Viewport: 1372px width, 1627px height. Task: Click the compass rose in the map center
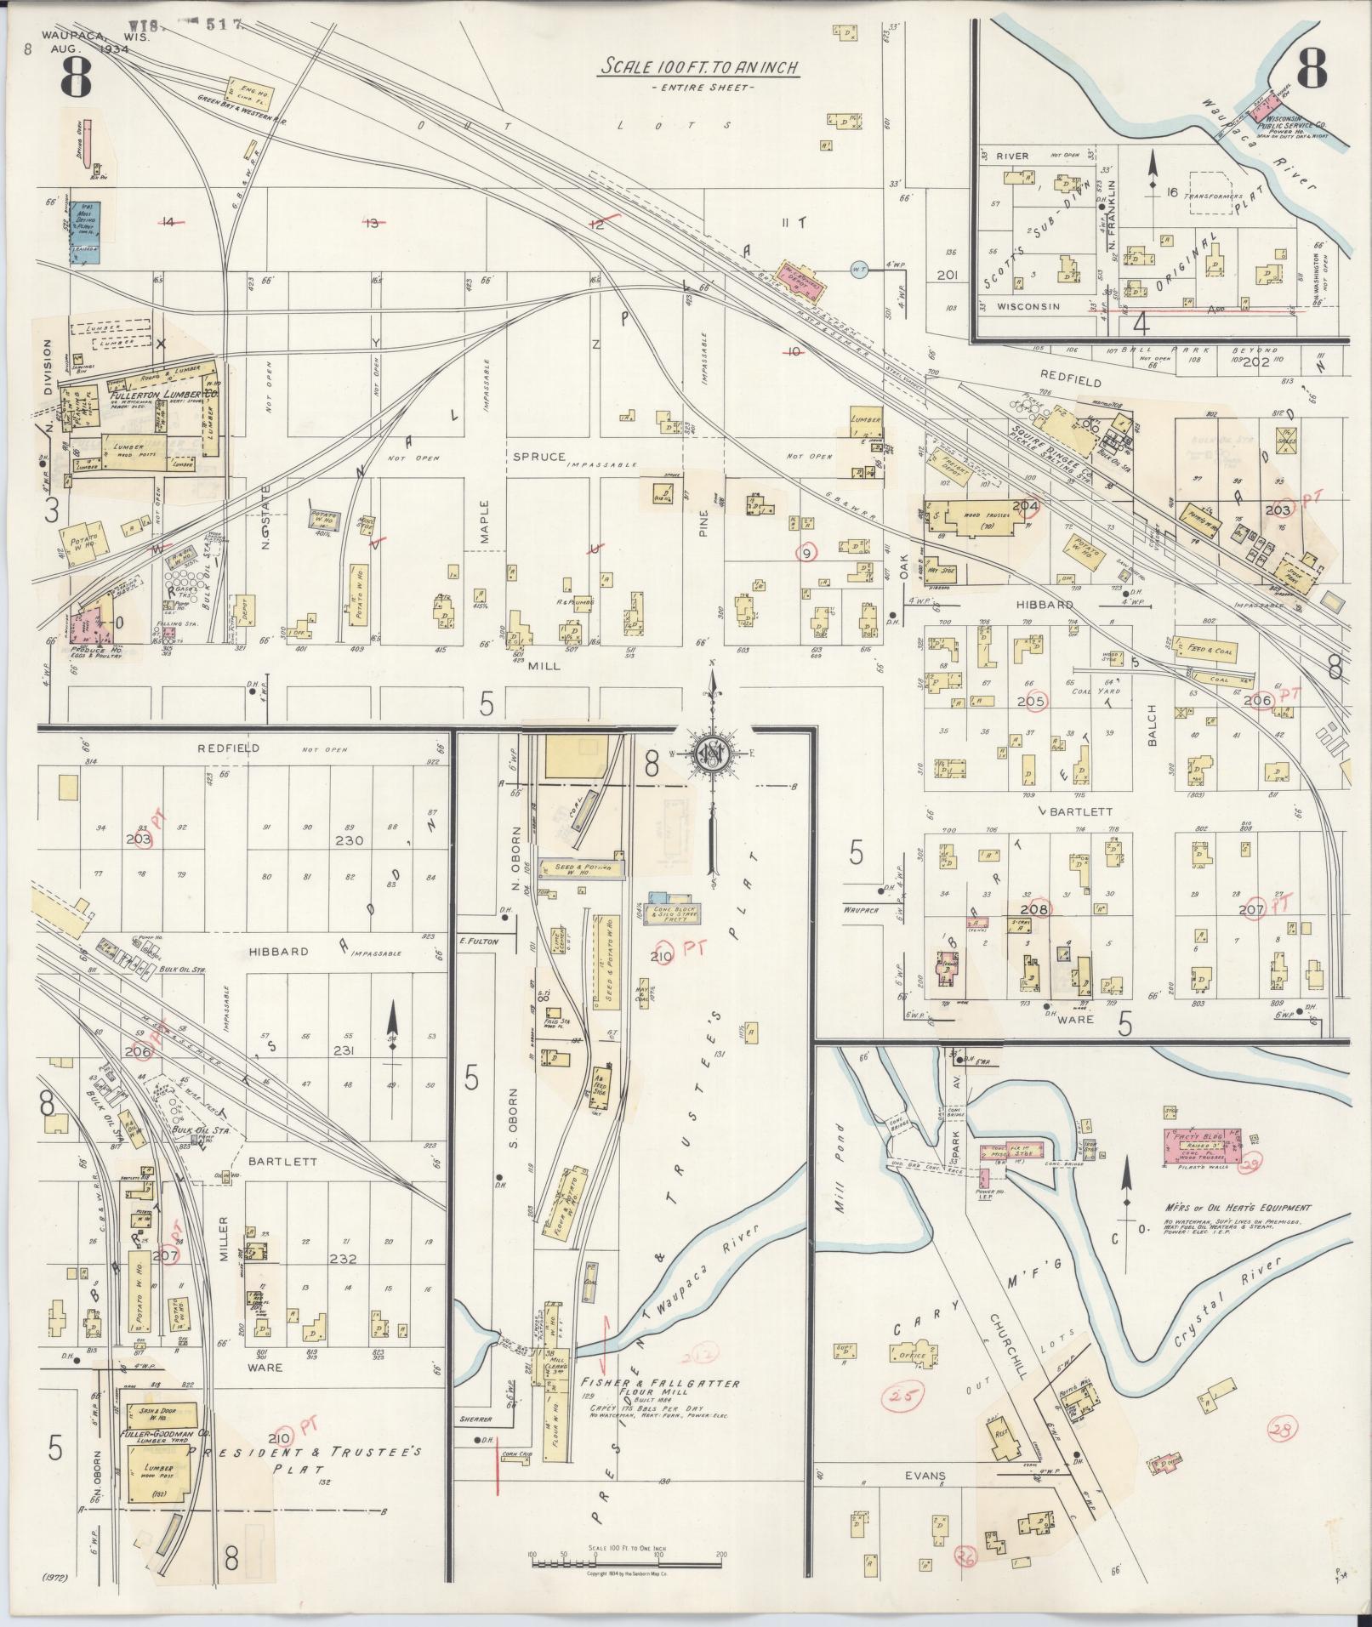pyautogui.click(x=714, y=754)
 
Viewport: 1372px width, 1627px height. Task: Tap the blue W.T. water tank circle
pyautogui.click(x=858, y=270)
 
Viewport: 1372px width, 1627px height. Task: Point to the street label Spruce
pyautogui.click(x=538, y=457)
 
